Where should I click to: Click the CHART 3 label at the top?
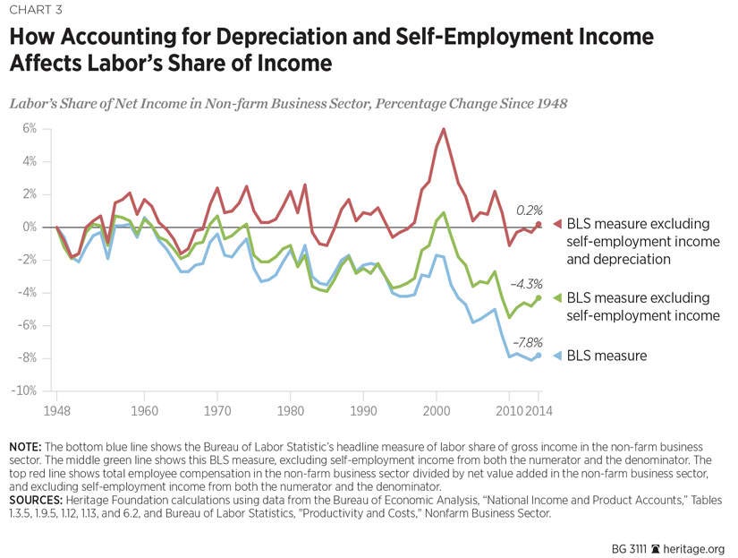[x=38, y=11]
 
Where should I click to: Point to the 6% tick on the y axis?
[x=30, y=129]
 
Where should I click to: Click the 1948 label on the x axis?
[x=56, y=412]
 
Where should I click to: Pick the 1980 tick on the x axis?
[x=290, y=412]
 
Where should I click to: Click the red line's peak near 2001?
[x=444, y=129]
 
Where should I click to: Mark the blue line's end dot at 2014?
[x=539, y=355]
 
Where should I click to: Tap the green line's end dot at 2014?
[x=539, y=297]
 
